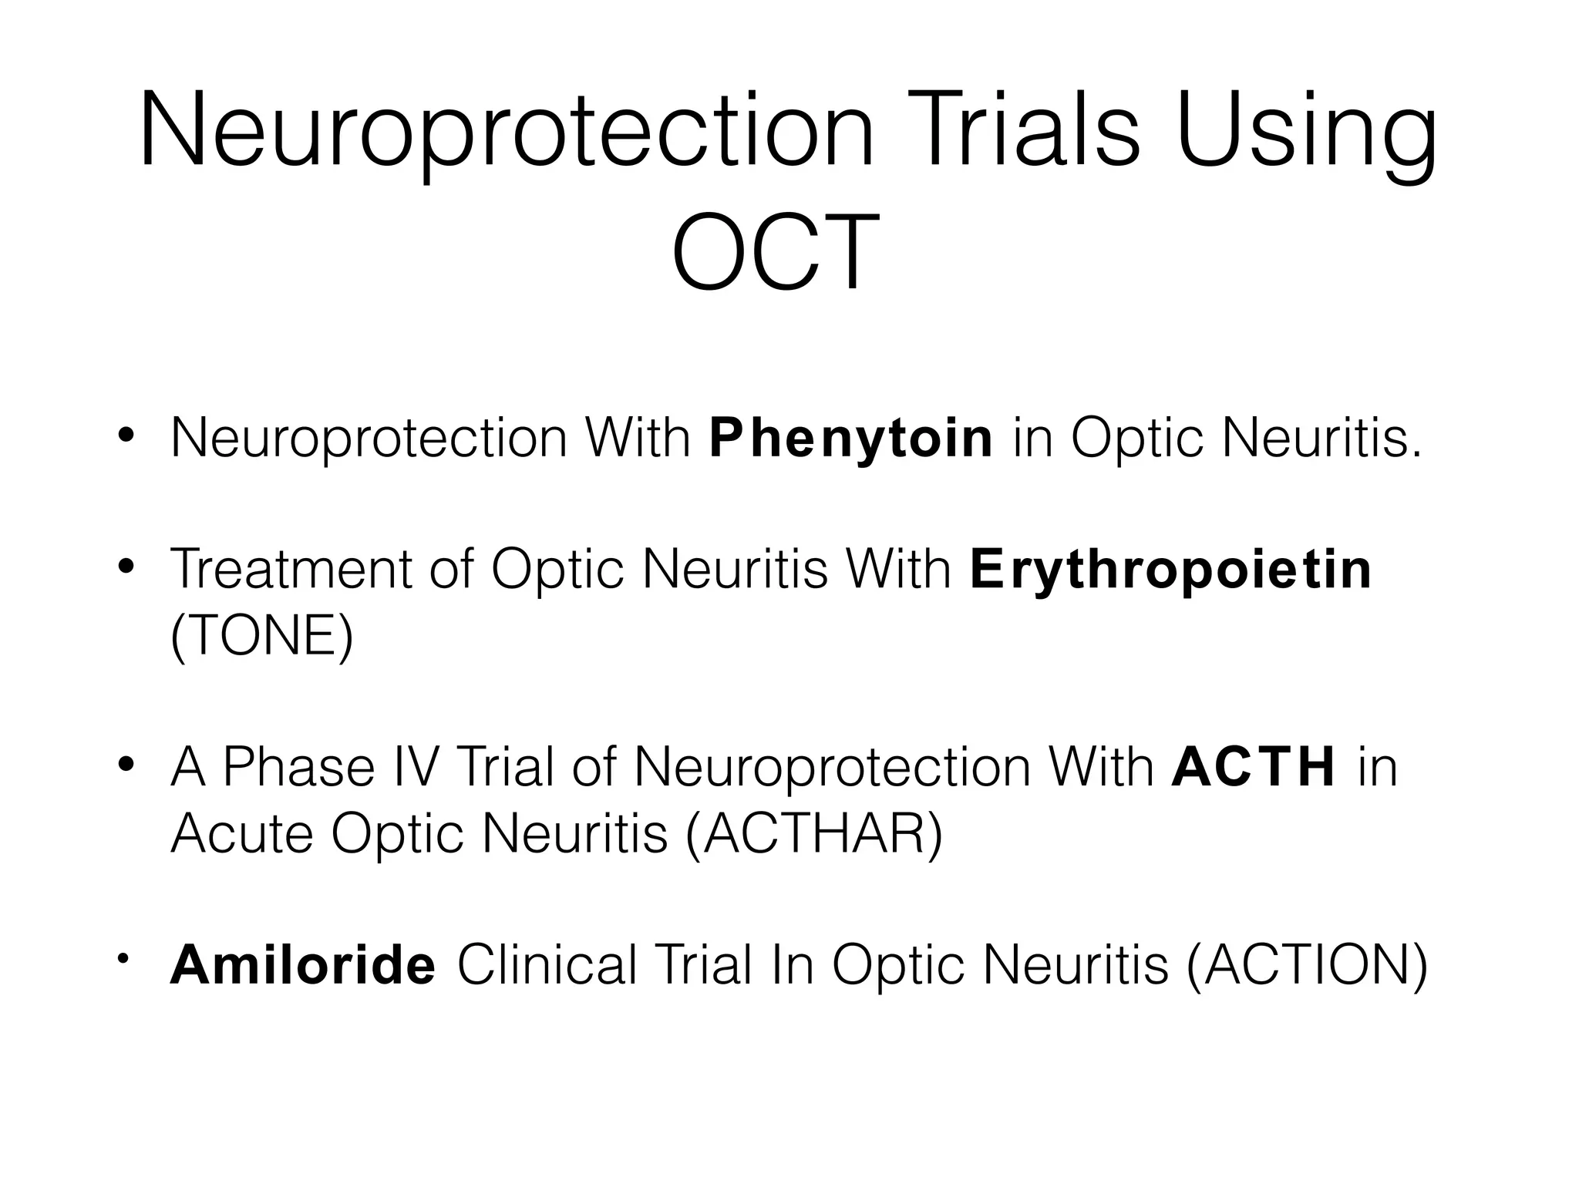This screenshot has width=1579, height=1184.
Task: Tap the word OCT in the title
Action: tap(776, 251)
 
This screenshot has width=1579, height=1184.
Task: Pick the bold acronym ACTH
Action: tap(1253, 768)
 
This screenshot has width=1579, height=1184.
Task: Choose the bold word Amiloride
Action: tap(303, 965)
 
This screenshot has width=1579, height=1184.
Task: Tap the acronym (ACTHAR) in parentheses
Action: tap(813, 834)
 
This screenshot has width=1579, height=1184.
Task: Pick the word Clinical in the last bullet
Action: tap(547, 965)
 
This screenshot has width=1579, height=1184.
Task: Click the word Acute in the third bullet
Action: tap(241, 834)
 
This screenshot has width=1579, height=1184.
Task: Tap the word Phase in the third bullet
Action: tap(298, 768)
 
